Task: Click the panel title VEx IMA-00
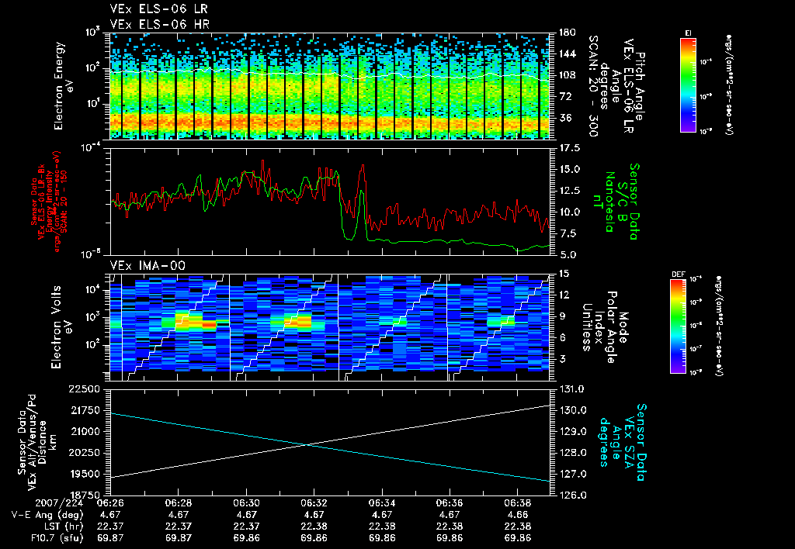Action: point(141,265)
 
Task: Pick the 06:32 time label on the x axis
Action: point(313,502)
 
